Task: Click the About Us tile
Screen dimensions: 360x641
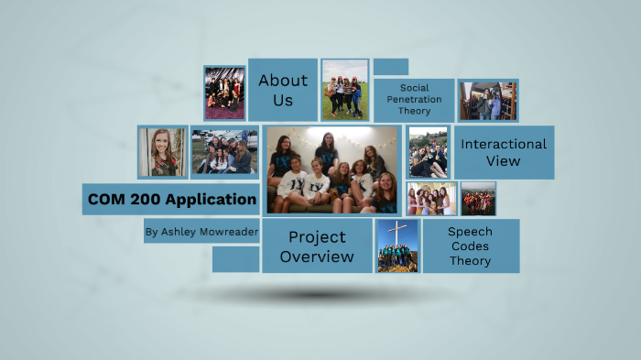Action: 282,89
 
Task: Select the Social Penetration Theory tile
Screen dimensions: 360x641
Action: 414,100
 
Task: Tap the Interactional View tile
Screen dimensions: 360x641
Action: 504,152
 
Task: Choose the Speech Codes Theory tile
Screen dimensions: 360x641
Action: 470,245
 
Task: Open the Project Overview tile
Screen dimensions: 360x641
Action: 317,246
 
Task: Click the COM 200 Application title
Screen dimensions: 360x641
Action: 171,199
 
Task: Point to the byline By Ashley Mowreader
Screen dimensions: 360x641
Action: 201,233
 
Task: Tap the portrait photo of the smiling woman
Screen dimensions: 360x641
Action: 162,151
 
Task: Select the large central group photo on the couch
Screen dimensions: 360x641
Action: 332,170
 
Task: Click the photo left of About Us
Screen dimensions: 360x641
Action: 224,93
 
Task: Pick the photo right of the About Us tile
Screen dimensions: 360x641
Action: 345,90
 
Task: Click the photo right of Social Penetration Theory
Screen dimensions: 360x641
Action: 487,100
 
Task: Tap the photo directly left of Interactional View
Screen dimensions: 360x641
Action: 428,152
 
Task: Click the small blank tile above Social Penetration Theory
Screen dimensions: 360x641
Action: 391,66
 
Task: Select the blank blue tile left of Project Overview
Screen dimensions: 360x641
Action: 235,259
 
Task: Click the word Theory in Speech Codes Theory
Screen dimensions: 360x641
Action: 470,261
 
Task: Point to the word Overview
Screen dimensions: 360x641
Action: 317,256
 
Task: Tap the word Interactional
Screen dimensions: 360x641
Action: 504,144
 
